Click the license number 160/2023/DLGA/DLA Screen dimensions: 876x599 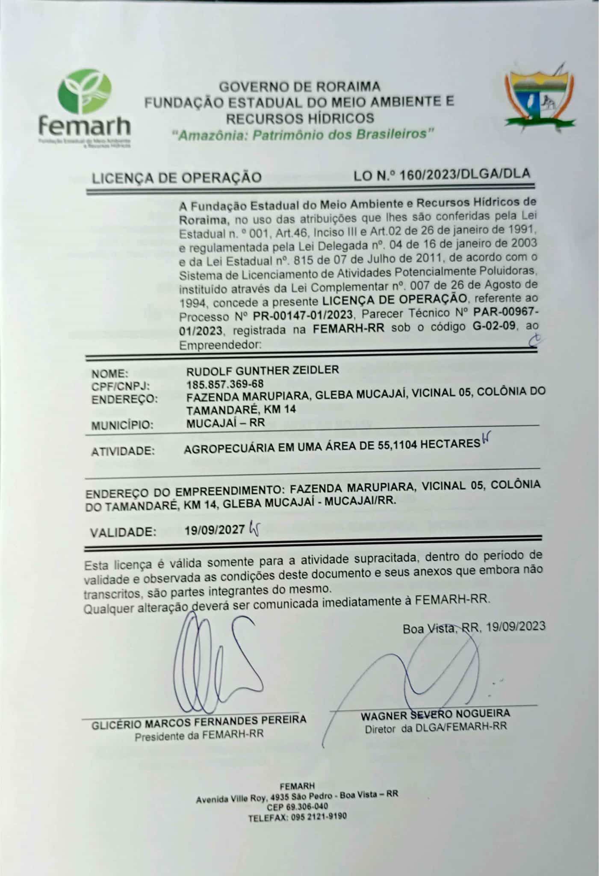[x=465, y=175]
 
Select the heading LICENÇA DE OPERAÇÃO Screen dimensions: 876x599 [x=177, y=177]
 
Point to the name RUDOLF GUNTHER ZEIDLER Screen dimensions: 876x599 [x=263, y=370]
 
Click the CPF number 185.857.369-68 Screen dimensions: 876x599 [x=225, y=384]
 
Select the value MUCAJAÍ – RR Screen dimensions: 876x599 [x=225, y=423]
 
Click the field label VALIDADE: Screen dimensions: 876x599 [x=123, y=532]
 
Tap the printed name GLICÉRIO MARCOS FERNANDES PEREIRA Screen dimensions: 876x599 [x=199, y=720]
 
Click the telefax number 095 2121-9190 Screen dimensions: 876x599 [x=319, y=817]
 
